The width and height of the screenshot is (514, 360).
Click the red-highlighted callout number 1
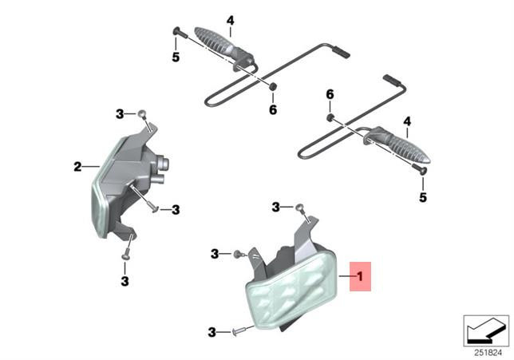pyautogui.click(x=360, y=276)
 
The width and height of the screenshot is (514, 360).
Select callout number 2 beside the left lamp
pyautogui.click(x=77, y=167)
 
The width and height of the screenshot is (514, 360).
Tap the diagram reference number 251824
pyautogui.click(x=488, y=353)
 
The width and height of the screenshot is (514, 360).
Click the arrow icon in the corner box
pyautogui.click(x=485, y=331)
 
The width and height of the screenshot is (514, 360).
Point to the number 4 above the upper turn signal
pyautogui.click(x=231, y=21)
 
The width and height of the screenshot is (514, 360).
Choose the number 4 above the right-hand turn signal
pyautogui.click(x=407, y=121)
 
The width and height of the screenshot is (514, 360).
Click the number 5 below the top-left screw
pyautogui.click(x=176, y=57)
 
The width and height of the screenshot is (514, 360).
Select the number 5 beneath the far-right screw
pyautogui.click(x=423, y=197)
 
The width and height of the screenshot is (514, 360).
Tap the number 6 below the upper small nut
pyautogui.click(x=273, y=110)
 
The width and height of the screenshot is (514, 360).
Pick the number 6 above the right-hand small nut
pyautogui.click(x=330, y=94)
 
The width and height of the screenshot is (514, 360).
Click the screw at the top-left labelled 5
pyautogui.click(x=180, y=32)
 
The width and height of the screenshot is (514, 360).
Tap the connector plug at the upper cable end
pyautogui.click(x=342, y=52)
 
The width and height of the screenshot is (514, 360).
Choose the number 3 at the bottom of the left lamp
pyautogui.click(x=125, y=281)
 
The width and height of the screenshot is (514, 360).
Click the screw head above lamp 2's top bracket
pyautogui.click(x=142, y=114)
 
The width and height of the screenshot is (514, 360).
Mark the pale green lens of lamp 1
pyautogui.click(x=292, y=290)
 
